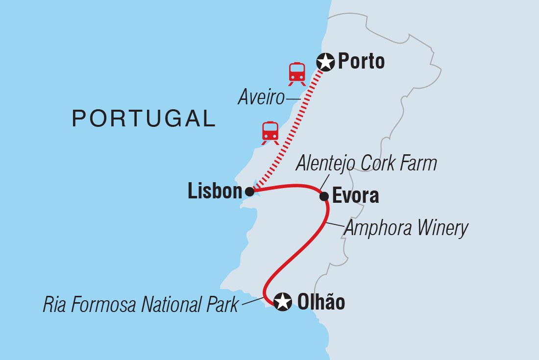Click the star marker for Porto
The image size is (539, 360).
point(325,62)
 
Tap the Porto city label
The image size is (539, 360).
point(362,62)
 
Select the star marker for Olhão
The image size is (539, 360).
point(282,302)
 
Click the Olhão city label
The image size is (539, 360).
point(321,302)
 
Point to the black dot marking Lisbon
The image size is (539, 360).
point(249,192)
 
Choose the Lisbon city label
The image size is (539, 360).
point(215,192)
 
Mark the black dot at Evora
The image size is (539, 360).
point(324,196)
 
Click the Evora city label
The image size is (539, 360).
point(356,196)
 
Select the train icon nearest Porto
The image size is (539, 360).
point(297,73)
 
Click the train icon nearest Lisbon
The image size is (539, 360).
point(270,133)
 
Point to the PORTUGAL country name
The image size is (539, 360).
point(144,119)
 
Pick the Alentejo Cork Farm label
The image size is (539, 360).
point(366,164)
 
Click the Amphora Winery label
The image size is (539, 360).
point(407,228)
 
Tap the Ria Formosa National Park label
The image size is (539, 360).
point(141,305)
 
